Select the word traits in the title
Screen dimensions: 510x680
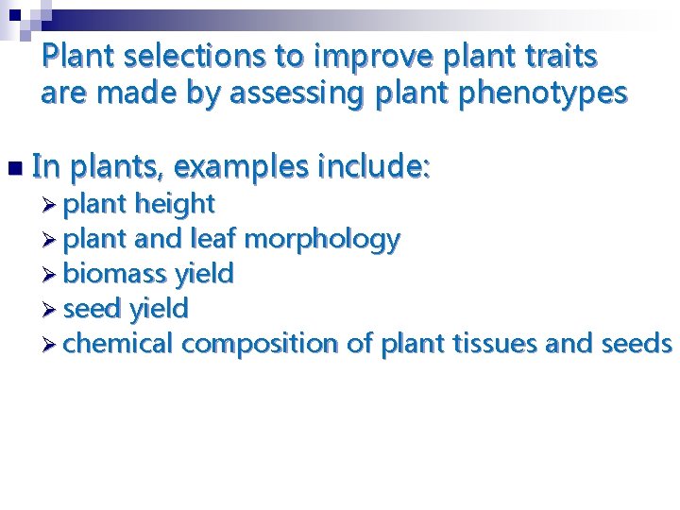tap(556, 57)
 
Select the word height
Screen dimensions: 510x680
tap(176, 203)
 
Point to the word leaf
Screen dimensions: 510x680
tap(214, 238)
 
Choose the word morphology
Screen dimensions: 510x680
tap(322, 240)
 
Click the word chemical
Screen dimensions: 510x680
tap(119, 343)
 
